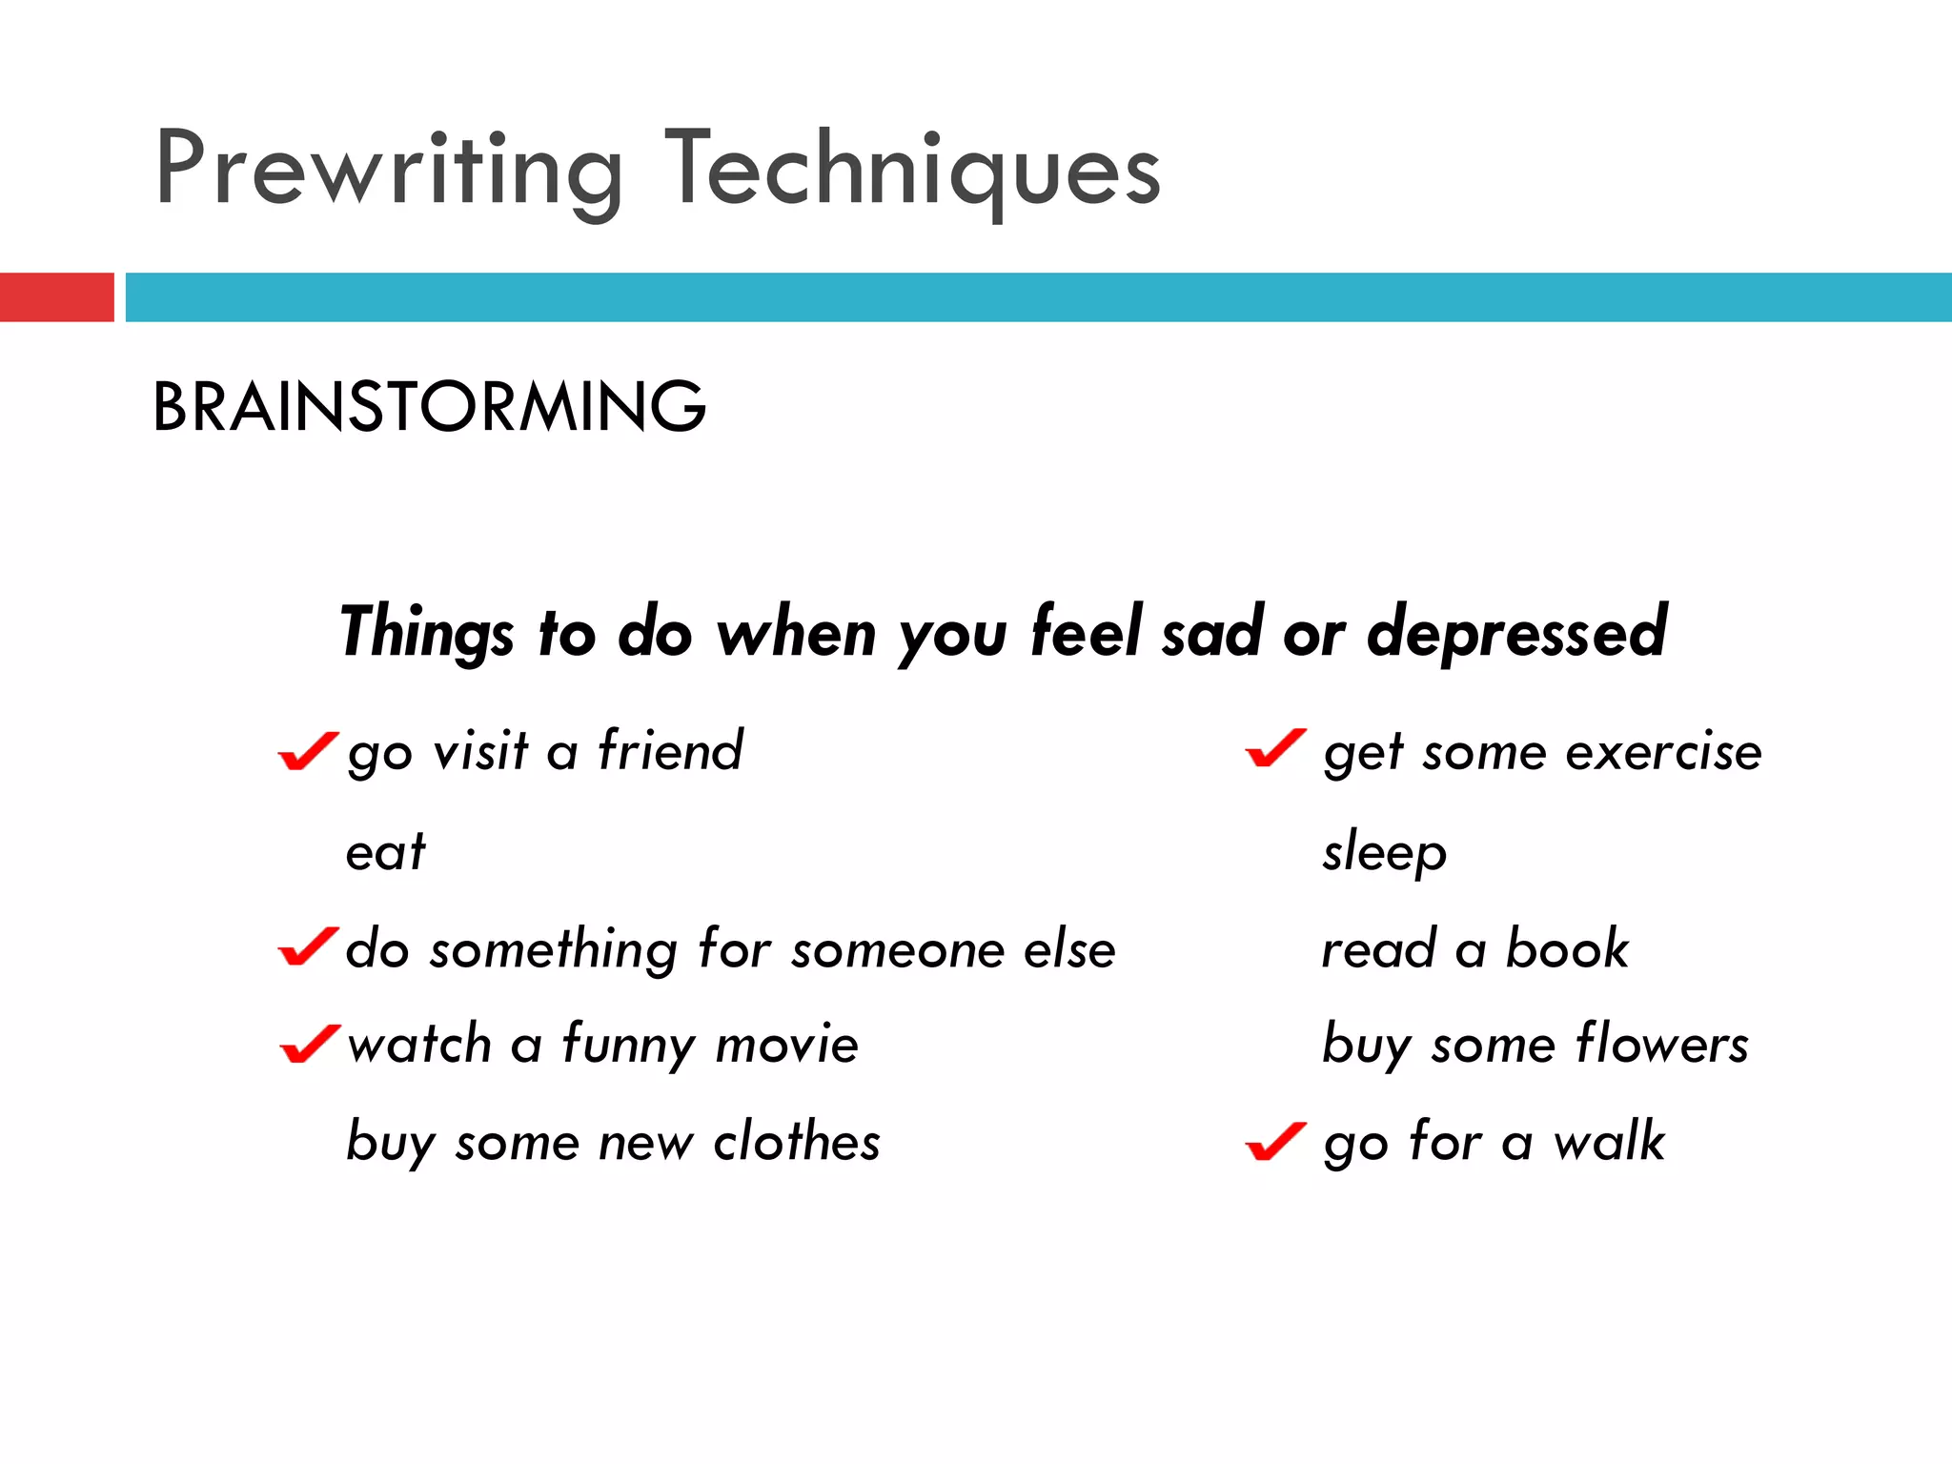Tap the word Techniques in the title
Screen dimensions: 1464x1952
[912, 170]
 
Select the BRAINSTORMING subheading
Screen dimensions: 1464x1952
[429, 407]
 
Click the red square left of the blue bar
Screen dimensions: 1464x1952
[56, 297]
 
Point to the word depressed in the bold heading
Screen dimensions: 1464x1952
[1516, 632]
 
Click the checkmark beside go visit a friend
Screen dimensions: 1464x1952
[308, 751]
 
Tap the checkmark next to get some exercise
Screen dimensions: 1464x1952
[1275, 748]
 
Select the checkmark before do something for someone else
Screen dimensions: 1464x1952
[308, 946]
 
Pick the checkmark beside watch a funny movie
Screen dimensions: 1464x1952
[310, 1044]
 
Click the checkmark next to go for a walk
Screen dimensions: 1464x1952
[1275, 1142]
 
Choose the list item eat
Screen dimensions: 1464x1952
[385, 851]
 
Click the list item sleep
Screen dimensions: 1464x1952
[1384, 851]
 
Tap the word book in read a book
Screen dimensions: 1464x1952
[1567, 949]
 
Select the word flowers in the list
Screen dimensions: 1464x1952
[1662, 1044]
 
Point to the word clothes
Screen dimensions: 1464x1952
[797, 1141]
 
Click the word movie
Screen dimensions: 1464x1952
[787, 1045]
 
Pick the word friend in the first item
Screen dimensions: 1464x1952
[670, 750]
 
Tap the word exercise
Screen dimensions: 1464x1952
[1664, 752]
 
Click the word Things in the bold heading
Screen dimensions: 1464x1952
[427, 632]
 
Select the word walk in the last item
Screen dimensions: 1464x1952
[1609, 1141]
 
